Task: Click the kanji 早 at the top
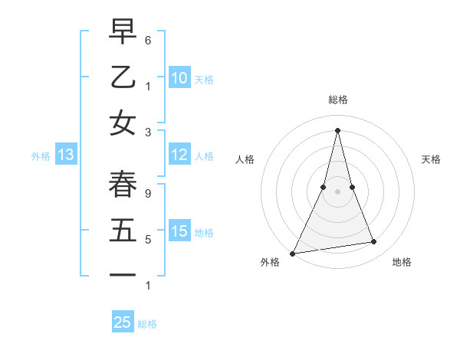pyautogui.click(x=123, y=32)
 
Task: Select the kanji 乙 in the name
pyautogui.click(x=123, y=77)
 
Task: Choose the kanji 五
pyautogui.click(x=123, y=229)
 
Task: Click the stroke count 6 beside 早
pyautogui.click(x=147, y=40)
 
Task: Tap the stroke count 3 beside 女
pyautogui.click(x=147, y=132)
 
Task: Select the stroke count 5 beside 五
pyautogui.click(x=147, y=239)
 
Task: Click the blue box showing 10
pyautogui.click(x=179, y=77)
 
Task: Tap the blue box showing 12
pyautogui.click(x=179, y=155)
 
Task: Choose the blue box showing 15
pyautogui.click(x=179, y=231)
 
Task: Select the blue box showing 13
pyautogui.click(x=65, y=155)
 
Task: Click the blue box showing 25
pyautogui.click(x=123, y=322)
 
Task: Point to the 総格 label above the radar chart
pyautogui.click(x=337, y=100)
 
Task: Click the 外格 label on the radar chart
pyautogui.click(x=270, y=262)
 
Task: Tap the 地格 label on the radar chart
pyautogui.click(x=402, y=262)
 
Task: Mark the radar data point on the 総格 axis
pyautogui.click(x=337, y=129)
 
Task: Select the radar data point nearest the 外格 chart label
pyautogui.click(x=293, y=253)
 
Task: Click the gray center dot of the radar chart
pyautogui.click(x=337, y=191)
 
